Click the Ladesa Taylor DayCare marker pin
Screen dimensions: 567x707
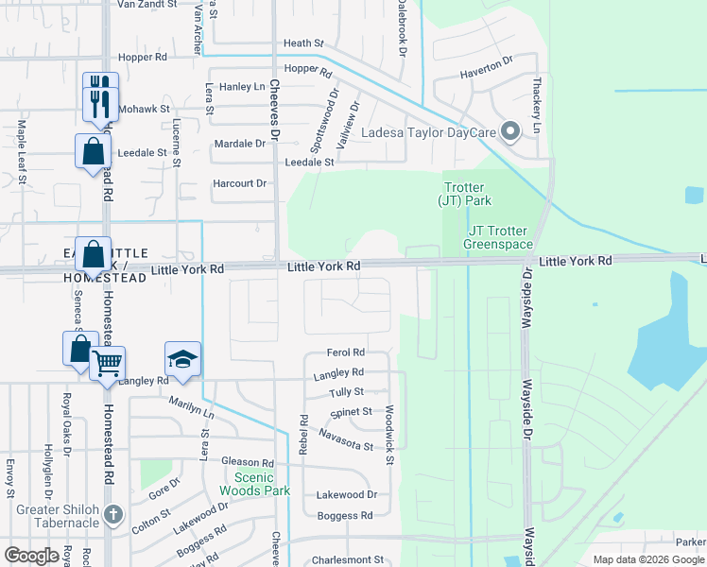click(x=511, y=131)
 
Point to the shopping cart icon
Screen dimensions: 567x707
click(x=108, y=362)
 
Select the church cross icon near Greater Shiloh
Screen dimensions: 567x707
click(x=113, y=515)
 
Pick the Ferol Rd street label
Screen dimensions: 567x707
click(x=345, y=352)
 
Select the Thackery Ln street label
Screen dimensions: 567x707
click(x=537, y=105)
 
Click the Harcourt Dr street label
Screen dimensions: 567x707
click(x=240, y=183)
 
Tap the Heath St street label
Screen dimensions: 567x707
click(x=303, y=43)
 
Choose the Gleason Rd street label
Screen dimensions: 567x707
click(x=247, y=462)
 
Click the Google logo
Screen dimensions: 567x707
click(x=31, y=556)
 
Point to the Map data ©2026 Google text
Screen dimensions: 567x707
click(x=647, y=559)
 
